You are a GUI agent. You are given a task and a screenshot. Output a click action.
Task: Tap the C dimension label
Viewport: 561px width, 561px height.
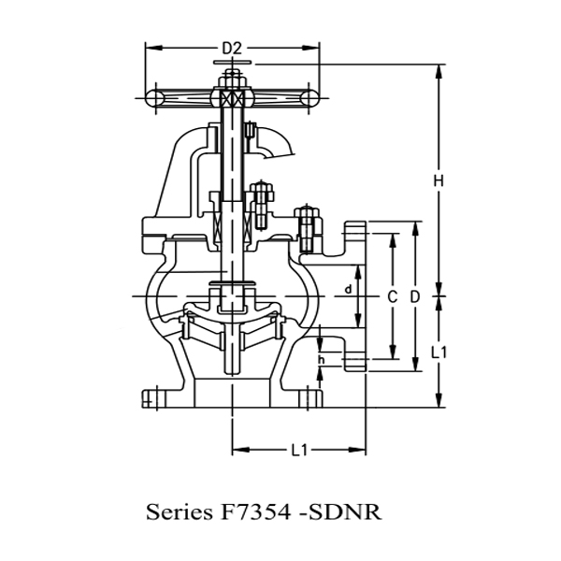[x=393, y=295]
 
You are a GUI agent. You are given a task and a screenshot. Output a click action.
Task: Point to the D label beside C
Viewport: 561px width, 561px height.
[x=415, y=295]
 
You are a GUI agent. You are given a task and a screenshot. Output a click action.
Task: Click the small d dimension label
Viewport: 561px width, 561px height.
[x=348, y=290]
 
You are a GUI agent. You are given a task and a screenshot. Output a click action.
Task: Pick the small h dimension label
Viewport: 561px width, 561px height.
[x=321, y=359]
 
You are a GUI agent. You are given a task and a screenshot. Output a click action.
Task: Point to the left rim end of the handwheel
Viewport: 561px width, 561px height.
[x=151, y=96]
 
